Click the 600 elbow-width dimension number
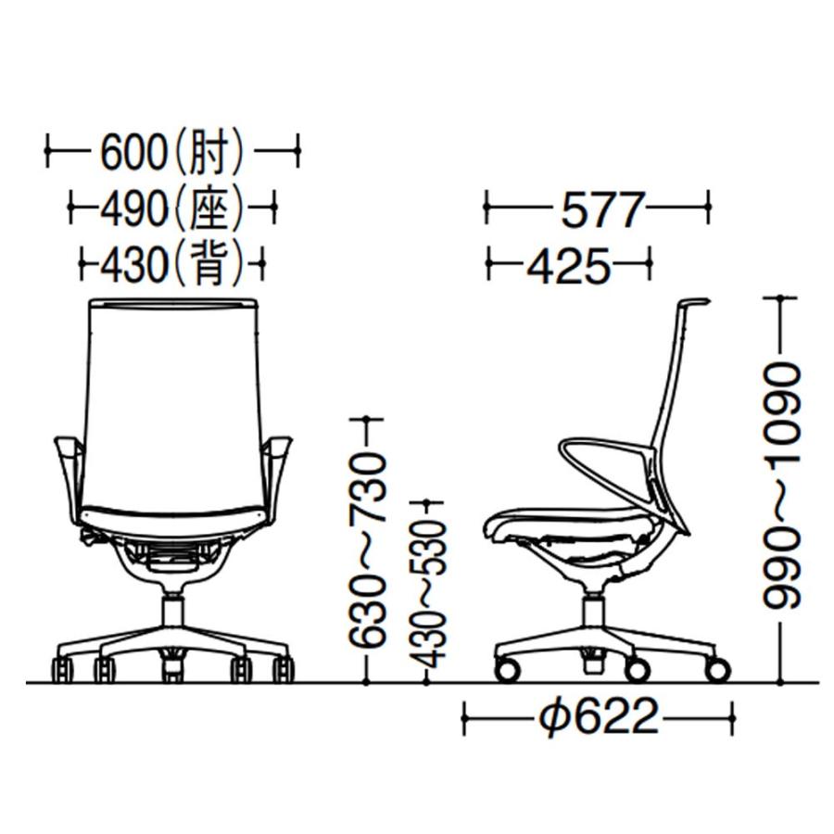(133, 152)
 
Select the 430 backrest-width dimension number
(133, 264)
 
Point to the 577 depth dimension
(601, 209)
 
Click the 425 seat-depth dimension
(569, 265)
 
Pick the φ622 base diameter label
(599, 716)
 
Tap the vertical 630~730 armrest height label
(366, 550)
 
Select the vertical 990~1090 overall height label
(781, 486)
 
